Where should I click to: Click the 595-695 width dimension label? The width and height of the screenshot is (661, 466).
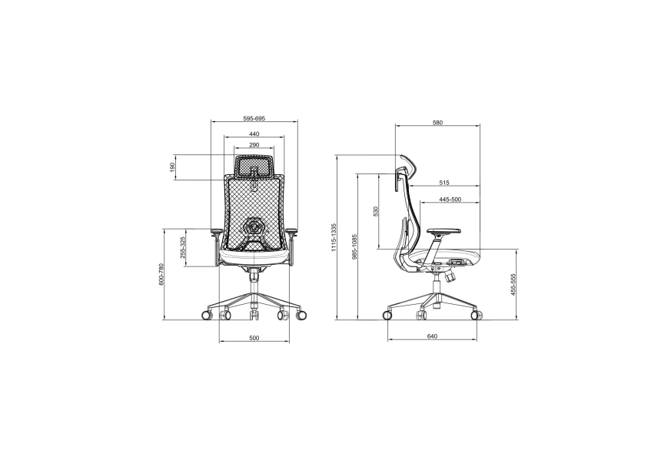click(x=254, y=119)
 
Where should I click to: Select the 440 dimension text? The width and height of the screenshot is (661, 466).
click(x=254, y=134)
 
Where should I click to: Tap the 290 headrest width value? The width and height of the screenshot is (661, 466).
click(x=254, y=145)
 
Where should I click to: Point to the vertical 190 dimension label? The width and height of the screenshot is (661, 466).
click(x=172, y=167)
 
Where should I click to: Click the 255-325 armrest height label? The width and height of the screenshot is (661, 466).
click(x=182, y=248)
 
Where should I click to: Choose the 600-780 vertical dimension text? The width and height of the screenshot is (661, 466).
click(x=161, y=275)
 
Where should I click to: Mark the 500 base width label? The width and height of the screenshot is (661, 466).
click(x=254, y=338)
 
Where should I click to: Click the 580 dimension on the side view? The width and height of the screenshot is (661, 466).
click(x=437, y=123)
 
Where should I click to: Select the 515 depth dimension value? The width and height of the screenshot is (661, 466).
click(x=444, y=183)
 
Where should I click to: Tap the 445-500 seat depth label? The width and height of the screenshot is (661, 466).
click(x=450, y=200)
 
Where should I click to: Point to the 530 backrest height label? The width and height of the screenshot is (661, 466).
click(x=375, y=211)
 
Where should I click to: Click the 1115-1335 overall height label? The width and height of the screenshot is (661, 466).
click(x=334, y=238)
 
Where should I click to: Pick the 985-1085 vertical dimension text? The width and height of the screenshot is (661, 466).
click(x=354, y=247)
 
